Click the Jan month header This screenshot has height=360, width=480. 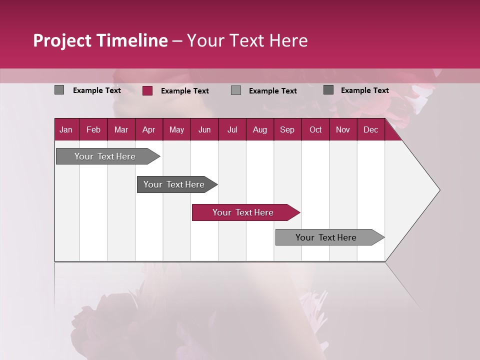pos(66,130)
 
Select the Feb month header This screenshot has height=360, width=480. pos(93,130)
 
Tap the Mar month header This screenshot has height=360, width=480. pos(121,130)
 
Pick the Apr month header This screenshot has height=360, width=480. pos(149,130)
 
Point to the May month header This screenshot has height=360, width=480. pos(176,130)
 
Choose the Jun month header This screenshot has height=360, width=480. pos(204,130)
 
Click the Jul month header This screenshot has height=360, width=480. pos(232,130)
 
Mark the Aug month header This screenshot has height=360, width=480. pos(260,130)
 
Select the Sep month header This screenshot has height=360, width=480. pos(287,130)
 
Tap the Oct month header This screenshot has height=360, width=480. pos(315,130)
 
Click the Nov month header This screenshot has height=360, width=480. pos(343,130)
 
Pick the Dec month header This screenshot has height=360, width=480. pos(371,130)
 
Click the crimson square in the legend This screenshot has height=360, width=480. pos(147,90)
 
